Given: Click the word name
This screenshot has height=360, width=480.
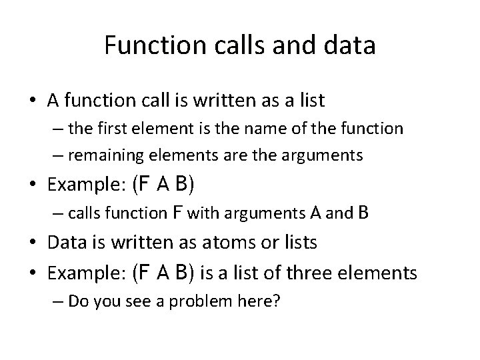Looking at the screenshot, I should [267, 128].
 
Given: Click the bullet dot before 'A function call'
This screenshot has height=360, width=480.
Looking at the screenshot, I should [33, 101].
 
